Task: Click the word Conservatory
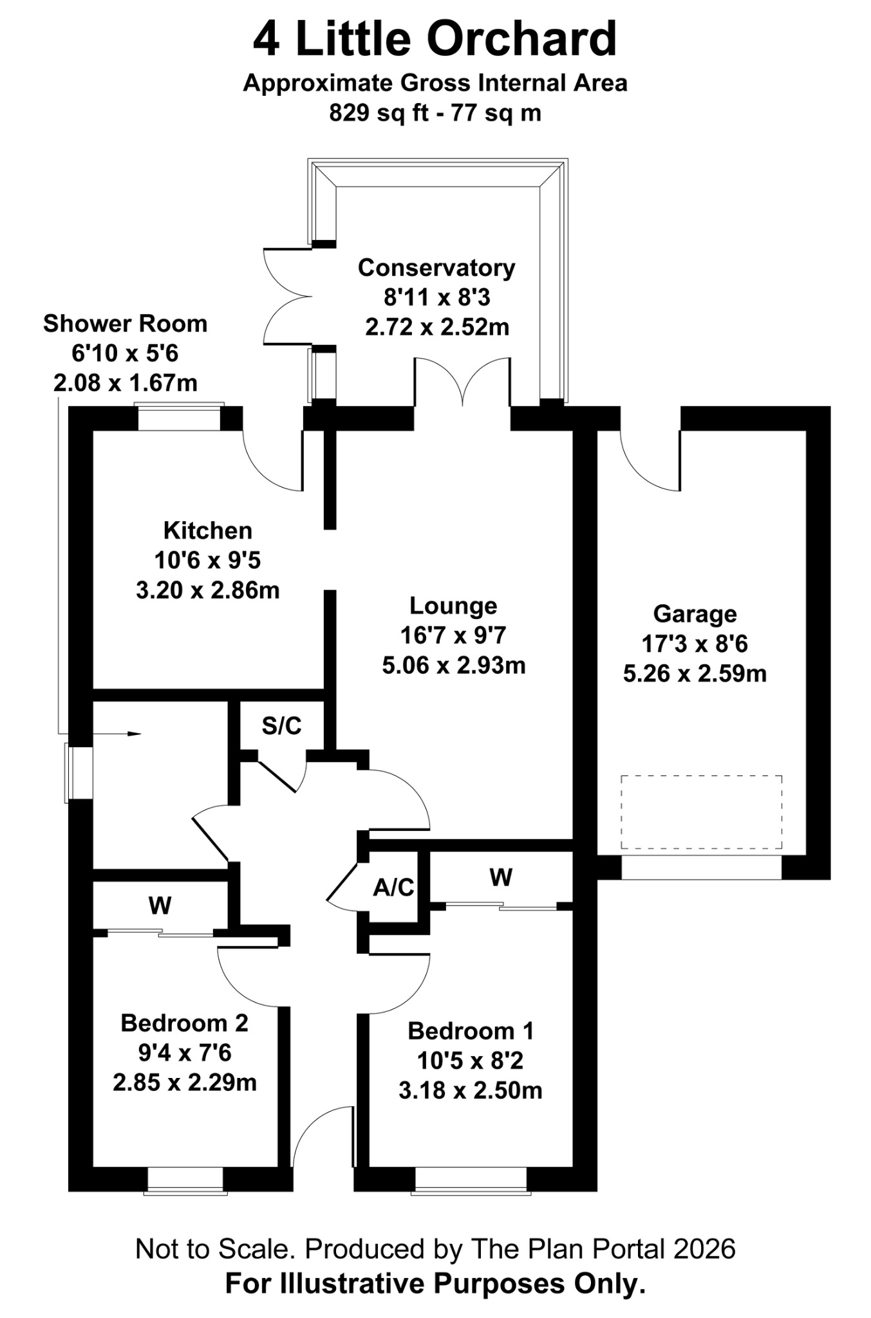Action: [x=436, y=268]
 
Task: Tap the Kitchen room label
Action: [x=207, y=531]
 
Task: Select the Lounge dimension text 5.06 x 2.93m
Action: [x=453, y=665]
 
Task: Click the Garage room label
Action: [x=694, y=614]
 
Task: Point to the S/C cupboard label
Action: [x=281, y=726]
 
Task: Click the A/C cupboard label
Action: [x=393, y=888]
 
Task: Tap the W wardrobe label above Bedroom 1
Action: [x=500, y=877]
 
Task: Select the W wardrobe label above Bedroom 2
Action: [x=160, y=906]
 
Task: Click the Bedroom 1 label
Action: [x=471, y=1031]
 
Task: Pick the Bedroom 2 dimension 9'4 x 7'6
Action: [x=184, y=1053]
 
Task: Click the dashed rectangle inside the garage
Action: [x=701, y=812]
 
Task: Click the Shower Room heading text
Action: [x=125, y=324]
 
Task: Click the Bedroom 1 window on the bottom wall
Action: [x=471, y=1180]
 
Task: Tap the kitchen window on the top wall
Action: [x=179, y=418]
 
